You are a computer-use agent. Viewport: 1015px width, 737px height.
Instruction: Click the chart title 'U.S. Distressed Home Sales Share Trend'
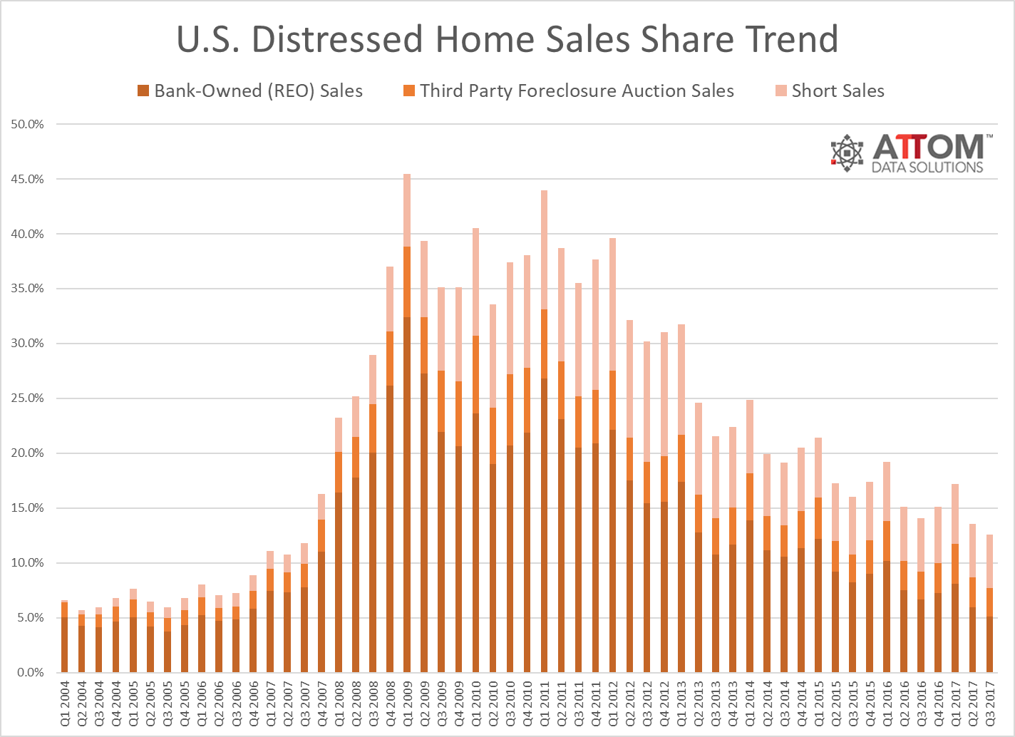507,39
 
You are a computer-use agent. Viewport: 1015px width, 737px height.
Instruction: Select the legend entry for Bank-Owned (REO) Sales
250,91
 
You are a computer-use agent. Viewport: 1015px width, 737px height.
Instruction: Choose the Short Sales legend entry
830,91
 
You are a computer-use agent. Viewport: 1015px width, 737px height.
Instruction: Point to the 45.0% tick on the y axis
28,180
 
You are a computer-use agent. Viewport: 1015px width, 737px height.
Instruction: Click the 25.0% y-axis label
28,398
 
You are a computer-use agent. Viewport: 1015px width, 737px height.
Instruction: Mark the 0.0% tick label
30,673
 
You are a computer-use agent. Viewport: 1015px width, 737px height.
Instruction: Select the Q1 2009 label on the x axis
408,703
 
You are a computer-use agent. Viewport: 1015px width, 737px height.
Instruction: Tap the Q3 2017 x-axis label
989,703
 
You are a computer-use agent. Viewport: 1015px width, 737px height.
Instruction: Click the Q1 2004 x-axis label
65,703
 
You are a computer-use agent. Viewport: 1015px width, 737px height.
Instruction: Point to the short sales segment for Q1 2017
955,514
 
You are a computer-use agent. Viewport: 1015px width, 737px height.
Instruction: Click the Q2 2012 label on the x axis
630,703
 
